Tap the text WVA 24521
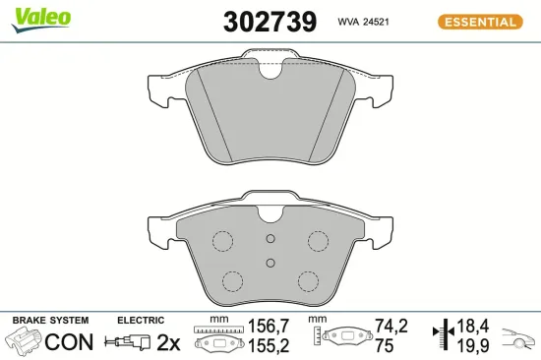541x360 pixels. point(362,22)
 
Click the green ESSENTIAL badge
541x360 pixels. point(478,22)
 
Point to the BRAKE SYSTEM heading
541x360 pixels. point(49,321)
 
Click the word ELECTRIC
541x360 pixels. point(141,321)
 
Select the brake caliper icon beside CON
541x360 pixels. point(25,342)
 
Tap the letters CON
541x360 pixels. point(71,342)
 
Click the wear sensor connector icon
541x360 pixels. point(132,342)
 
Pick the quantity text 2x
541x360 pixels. point(170,342)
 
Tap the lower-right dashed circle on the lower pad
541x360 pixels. point(309,281)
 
